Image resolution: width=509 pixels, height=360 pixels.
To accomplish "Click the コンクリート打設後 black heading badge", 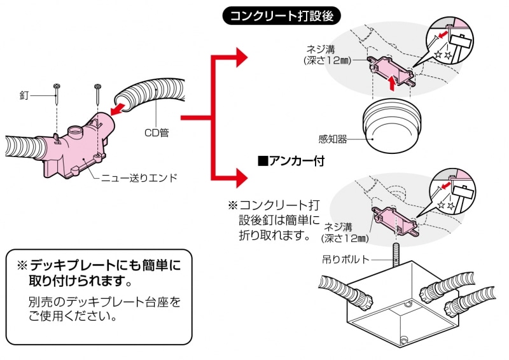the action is point(281,16).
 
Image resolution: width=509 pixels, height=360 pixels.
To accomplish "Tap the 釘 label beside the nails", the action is point(24,96).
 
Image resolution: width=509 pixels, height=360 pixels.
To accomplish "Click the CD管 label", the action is point(157,133).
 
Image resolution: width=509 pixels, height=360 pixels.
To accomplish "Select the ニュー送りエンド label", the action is point(139,178).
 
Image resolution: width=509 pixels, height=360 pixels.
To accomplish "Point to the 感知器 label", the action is point(333,139).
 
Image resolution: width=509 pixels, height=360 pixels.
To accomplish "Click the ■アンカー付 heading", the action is point(291,161).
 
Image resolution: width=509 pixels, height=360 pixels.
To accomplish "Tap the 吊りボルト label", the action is point(345,259).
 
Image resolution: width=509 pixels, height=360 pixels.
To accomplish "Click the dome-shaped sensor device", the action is point(392,128).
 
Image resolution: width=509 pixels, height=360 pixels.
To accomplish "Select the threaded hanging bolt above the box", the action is point(396,255).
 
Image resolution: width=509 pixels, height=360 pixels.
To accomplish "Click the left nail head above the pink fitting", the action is point(57,87).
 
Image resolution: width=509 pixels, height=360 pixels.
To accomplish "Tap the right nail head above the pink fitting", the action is point(97,87).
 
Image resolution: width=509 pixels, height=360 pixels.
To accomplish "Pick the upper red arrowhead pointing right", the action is point(242,57).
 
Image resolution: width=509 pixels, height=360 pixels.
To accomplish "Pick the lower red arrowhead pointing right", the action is point(242,178).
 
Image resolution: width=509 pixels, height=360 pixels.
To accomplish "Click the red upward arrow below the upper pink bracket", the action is point(393,83).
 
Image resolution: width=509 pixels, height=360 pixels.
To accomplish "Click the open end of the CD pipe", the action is point(124,101).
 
